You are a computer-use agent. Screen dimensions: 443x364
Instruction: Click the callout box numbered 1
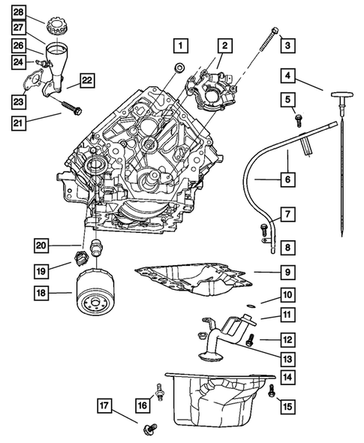180,45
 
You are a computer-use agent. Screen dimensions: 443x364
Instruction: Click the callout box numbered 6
287,180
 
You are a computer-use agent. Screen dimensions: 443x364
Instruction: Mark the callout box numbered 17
106,407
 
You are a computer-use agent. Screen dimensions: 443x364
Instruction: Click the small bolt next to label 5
299,119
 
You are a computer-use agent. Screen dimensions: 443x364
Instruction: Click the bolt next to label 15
271,390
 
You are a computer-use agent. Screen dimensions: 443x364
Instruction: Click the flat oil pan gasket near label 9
191,278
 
